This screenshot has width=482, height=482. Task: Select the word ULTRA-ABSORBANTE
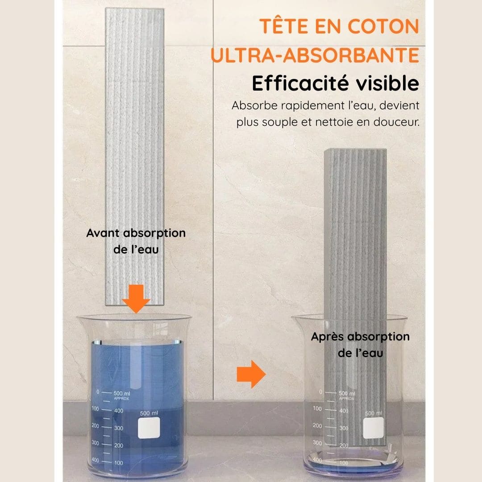point(315,56)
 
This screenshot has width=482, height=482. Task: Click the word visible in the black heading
point(386,84)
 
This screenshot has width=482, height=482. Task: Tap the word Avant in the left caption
point(104,233)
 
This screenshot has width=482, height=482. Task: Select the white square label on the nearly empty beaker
point(373,428)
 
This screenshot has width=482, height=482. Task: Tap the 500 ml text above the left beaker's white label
point(149,413)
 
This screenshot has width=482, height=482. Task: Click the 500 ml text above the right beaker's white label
point(373,413)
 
